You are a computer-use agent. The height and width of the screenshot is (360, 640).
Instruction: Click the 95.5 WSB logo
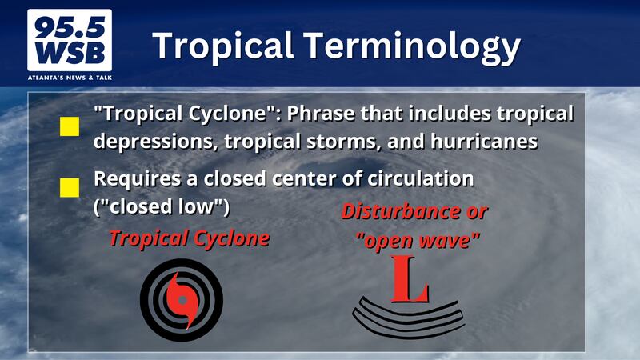[70, 40]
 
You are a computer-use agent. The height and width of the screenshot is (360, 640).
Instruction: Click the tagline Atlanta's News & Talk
[70, 78]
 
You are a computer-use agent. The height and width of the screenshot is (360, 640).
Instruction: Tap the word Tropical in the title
[223, 46]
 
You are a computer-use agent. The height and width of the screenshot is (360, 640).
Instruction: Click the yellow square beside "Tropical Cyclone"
[70, 126]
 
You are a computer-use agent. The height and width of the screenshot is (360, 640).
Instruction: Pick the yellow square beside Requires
[70, 188]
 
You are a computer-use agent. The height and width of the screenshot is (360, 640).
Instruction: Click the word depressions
[156, 142]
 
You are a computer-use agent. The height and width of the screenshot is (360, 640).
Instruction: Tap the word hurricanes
[484, 142]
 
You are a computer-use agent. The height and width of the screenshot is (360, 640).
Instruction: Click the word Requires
[137, 179]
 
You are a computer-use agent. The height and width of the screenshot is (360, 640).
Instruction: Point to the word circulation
[421, 178]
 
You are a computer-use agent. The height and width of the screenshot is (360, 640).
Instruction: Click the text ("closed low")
[162, 206]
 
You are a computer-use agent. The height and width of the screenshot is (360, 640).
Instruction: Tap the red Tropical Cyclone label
[190, 238]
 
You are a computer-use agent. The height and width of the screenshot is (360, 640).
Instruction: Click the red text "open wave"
[418, 240]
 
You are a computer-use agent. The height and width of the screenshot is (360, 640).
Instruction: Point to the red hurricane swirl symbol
[182, 301]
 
